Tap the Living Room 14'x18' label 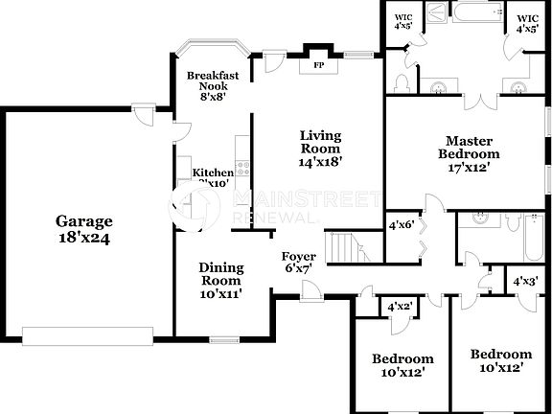click(x=319, y=149)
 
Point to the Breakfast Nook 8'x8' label click(x=212, y=84)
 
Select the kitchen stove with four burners click(x=242, y=172)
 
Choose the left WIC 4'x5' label click(x=403, y=20)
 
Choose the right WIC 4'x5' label click(x=527, y=22)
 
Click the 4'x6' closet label click(x=400, y=225)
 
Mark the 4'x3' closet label click(x=523, y=282)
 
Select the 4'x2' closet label click(x=398, y=306)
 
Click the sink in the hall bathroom click(x=474, y=218)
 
